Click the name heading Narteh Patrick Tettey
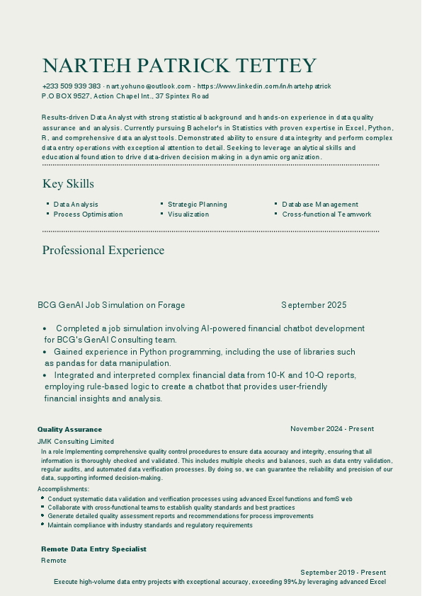click(179, 66)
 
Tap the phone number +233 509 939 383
click(72, 86)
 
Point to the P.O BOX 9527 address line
click(125, 96)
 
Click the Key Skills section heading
click(68, 184)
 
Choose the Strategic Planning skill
click(198, 205)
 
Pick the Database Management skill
click(320, 205)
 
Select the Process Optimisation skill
click(88, 214)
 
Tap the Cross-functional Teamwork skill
click(326, 214)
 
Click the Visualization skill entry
click(188, 214)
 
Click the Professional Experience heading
click(103, 251)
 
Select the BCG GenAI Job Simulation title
click(111, 305)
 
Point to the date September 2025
click(314, 305)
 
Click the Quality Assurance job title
click(69, 430)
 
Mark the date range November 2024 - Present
click(332, 429)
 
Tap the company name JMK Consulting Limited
click(76, 441)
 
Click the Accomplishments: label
click(64, 489)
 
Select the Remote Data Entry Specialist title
click(93, 549)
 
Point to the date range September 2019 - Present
click(343, 572)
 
